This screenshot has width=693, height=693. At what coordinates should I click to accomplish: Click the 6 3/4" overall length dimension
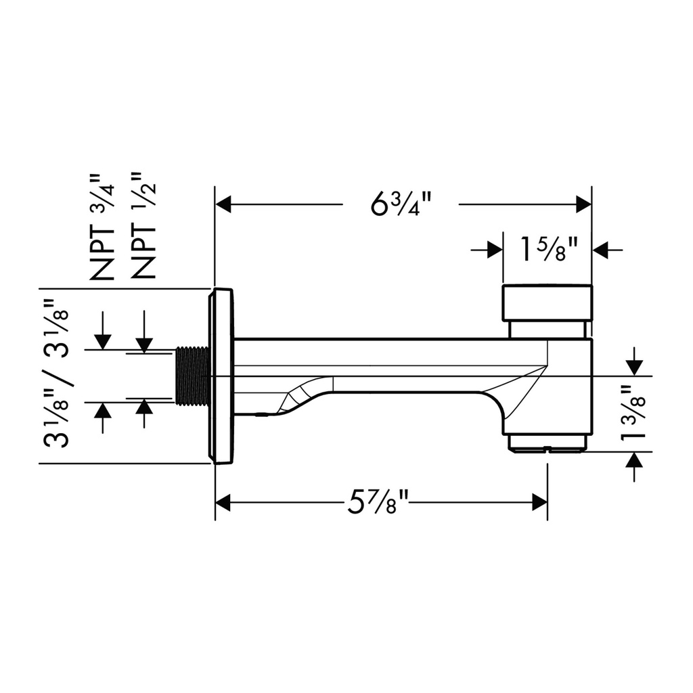(401, 204)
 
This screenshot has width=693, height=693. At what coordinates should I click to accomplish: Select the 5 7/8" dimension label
(377, 503)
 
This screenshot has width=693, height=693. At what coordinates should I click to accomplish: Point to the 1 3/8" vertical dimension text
(633, 413)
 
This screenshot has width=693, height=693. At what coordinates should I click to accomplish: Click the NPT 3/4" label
(102, 227)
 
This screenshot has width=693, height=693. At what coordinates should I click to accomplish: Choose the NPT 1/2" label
(143, 225)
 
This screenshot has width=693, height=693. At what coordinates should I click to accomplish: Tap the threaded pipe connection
(192, 376)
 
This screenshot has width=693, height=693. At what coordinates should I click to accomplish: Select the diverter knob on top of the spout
(547, 303)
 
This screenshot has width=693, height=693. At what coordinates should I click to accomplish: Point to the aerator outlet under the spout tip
(548, 443)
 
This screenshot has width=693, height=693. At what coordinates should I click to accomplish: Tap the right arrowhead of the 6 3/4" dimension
(583, 204)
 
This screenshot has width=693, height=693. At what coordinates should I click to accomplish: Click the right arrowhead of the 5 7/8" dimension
(539, 503)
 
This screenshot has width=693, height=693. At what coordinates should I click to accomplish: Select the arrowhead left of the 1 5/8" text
(495, 250)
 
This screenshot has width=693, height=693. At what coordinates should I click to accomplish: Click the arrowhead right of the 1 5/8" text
(600, 250)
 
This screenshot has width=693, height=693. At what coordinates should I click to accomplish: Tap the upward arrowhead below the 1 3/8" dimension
(635, 460)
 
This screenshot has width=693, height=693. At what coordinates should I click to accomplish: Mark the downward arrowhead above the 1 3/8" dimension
(635, 367)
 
